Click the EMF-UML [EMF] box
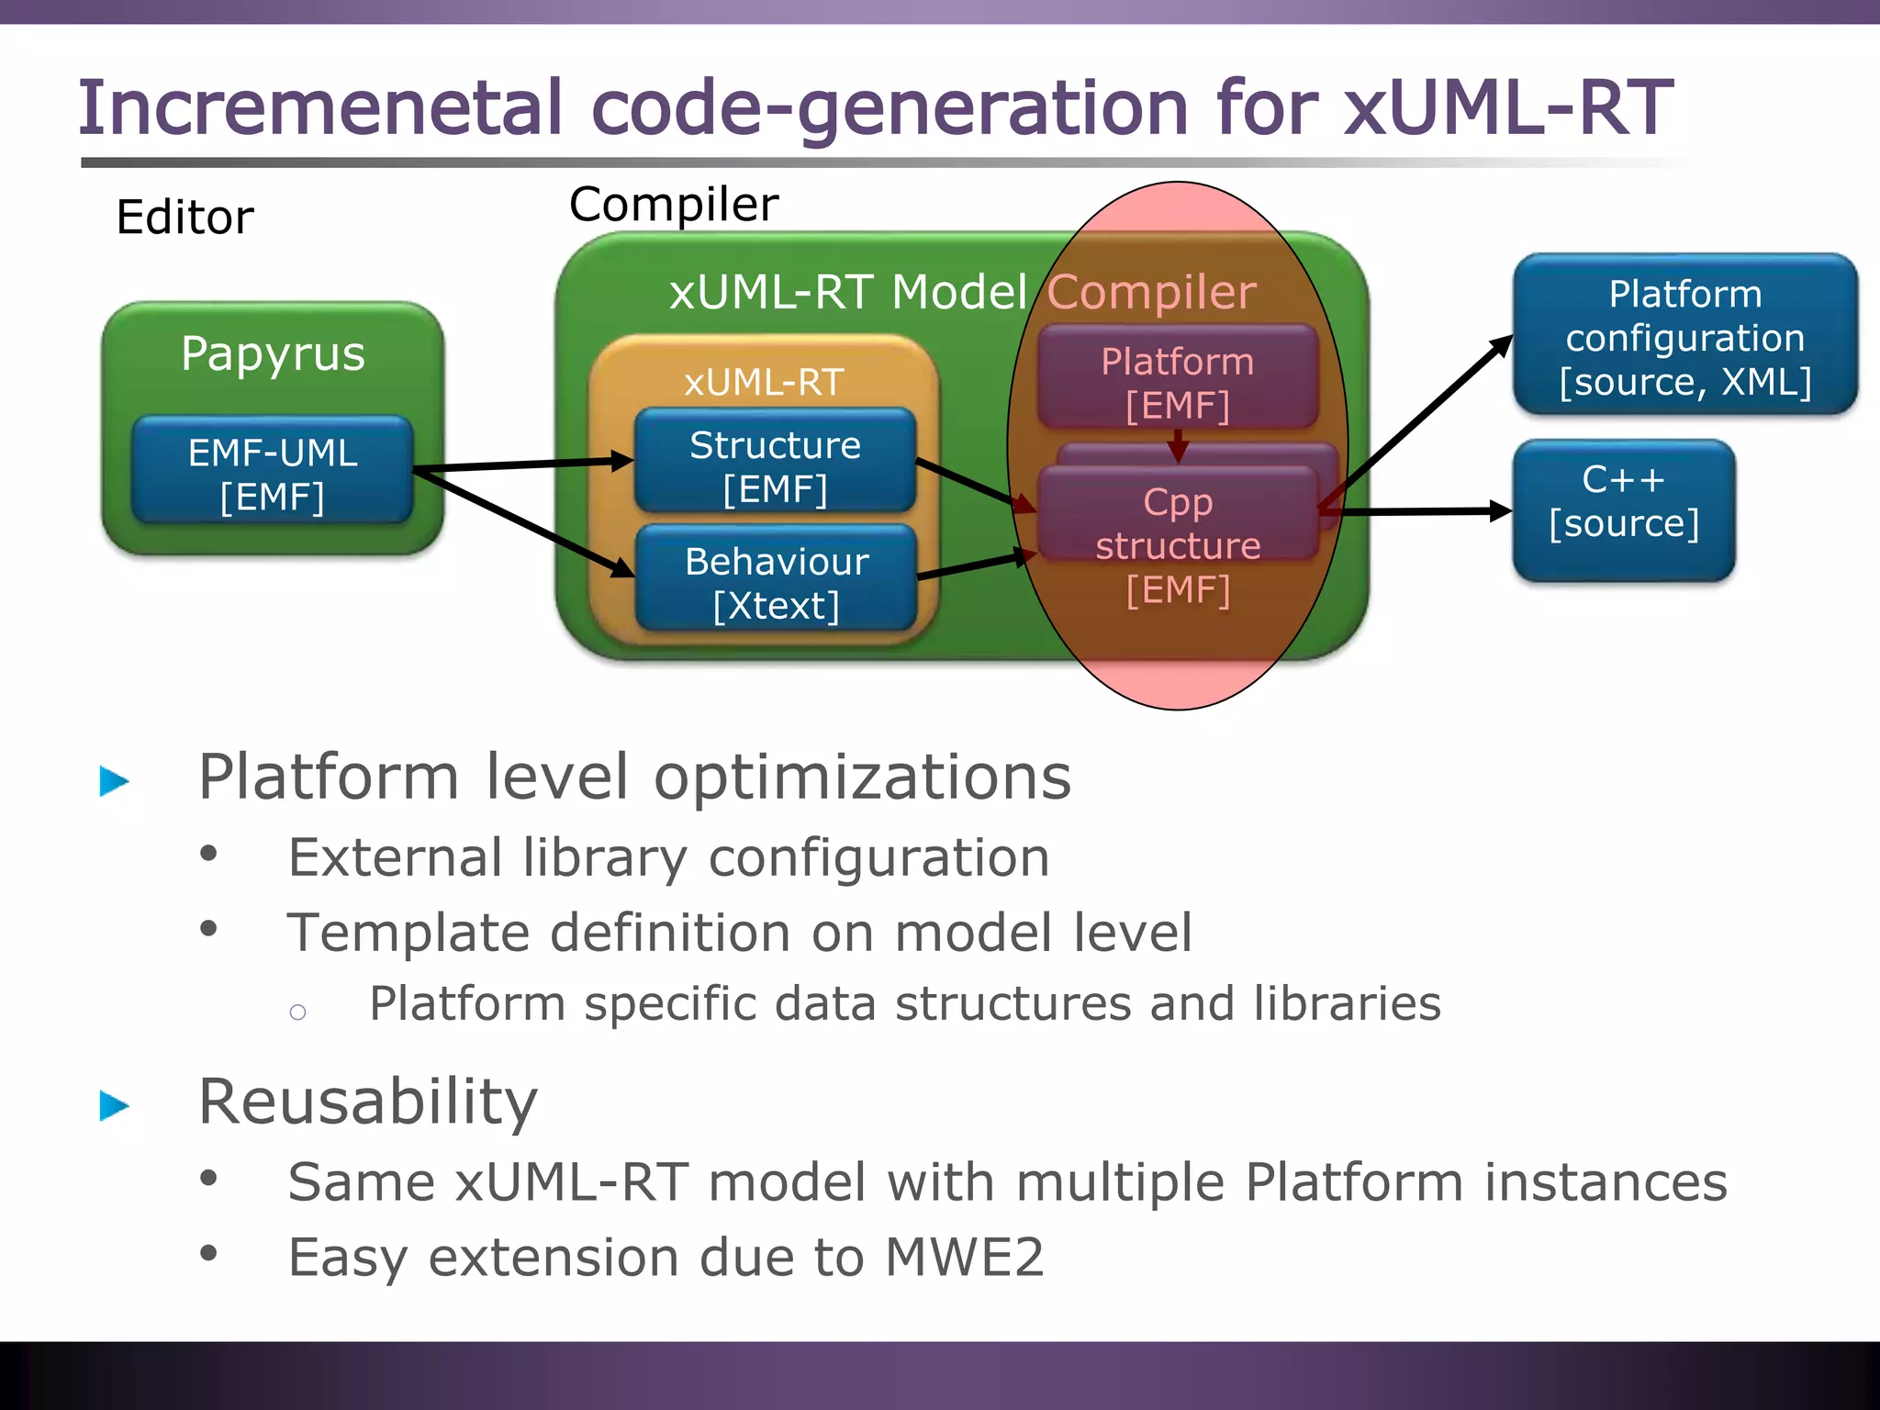(x=273, y=472)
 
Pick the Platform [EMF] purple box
(x=1177, y=380)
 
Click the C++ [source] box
(x=1623, y=509)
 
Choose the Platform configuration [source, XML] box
(x=1684, y=336)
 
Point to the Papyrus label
(x=273, y=353)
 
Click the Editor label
(x=185, y=218)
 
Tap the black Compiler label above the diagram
(x=673, y=204)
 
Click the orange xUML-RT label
(x=764, y=382)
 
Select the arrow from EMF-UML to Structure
(x=523, y=465)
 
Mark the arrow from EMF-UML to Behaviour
(x=523, y=523)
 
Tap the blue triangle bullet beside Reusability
(x=114, y=1105)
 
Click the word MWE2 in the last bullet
(x=964, y=1257)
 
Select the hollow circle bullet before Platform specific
(x=297, y=1013)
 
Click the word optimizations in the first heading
(x=862, y=778)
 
